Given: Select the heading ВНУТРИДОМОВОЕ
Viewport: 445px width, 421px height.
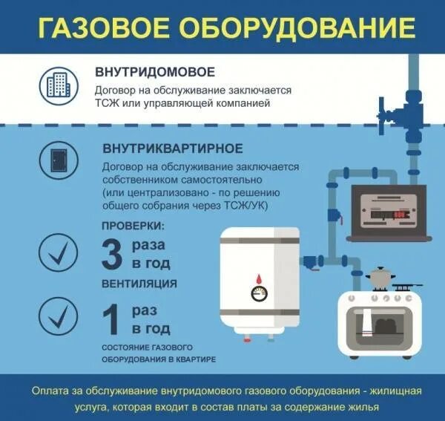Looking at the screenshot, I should click(x=155, y=72).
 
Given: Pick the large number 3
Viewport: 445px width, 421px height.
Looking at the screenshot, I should click(x=111, y=253).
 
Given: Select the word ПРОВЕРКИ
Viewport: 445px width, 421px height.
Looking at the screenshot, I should click(x=133, y=226).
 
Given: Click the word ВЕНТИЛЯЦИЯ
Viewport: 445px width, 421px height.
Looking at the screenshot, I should click(x=140, y=284).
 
